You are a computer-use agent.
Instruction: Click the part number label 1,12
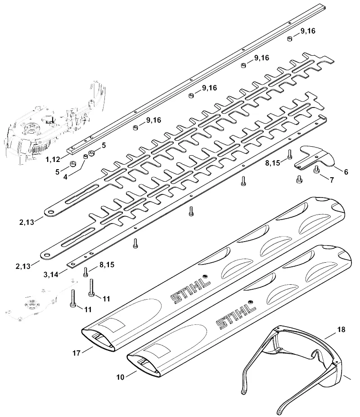[53, 160]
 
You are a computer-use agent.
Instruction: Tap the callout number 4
[65, 177]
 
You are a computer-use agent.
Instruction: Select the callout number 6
[346, 172]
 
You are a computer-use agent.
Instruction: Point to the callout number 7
[332, 180]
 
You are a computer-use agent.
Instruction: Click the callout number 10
[120, 377]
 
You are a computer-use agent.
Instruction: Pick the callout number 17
[76, 353]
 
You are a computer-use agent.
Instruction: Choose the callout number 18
[341, 330]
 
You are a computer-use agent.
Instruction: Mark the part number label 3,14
[51, 274]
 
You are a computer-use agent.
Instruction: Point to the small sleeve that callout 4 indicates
[85, 157]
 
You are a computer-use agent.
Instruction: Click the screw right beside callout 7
[317, 170]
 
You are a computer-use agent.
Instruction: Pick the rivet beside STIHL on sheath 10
[250, 302]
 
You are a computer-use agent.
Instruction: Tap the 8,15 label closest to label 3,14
[107, 265]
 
